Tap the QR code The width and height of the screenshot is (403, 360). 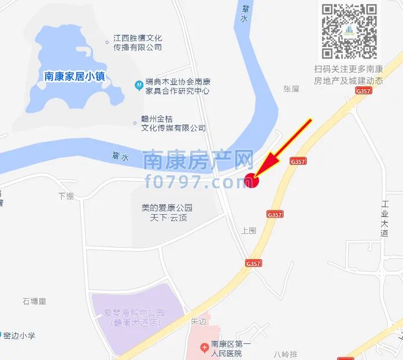[x=349, y=31]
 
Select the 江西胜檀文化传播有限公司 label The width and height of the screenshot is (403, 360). [x=137, y=42]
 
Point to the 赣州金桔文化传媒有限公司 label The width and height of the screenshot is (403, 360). [x=173, y=123]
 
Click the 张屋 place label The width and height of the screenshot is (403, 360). [x=291, y=89]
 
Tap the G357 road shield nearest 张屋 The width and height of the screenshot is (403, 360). [x=364, y=91]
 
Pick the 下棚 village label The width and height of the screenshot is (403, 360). [x=65, y=196]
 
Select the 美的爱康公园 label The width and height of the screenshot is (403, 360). [x=167, y=208]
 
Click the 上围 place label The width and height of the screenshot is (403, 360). [x=248, y=230]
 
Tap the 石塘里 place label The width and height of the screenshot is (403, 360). [x=34, y=301]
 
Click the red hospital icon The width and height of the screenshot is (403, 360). [x=204, y=348]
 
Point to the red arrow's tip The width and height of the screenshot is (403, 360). [x=255, y=177]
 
